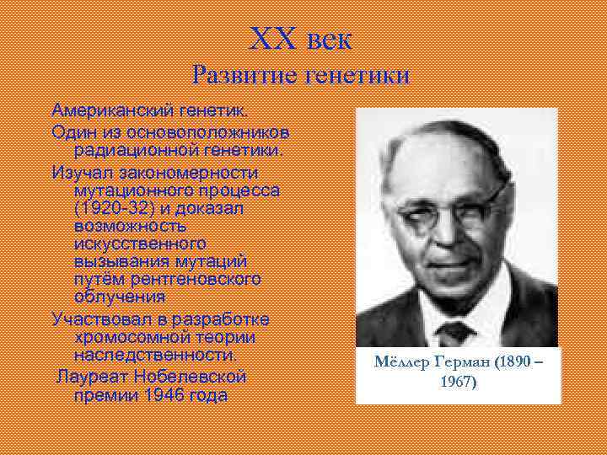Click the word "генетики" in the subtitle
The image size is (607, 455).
pos(357,76)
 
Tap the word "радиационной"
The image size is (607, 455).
pos(127,151)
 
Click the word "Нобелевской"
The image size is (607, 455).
pos(188,375)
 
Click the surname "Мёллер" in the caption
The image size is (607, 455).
pos(400,364)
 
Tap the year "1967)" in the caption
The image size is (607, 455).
pos(458,382)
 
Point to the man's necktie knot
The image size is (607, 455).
pos(456,329)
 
